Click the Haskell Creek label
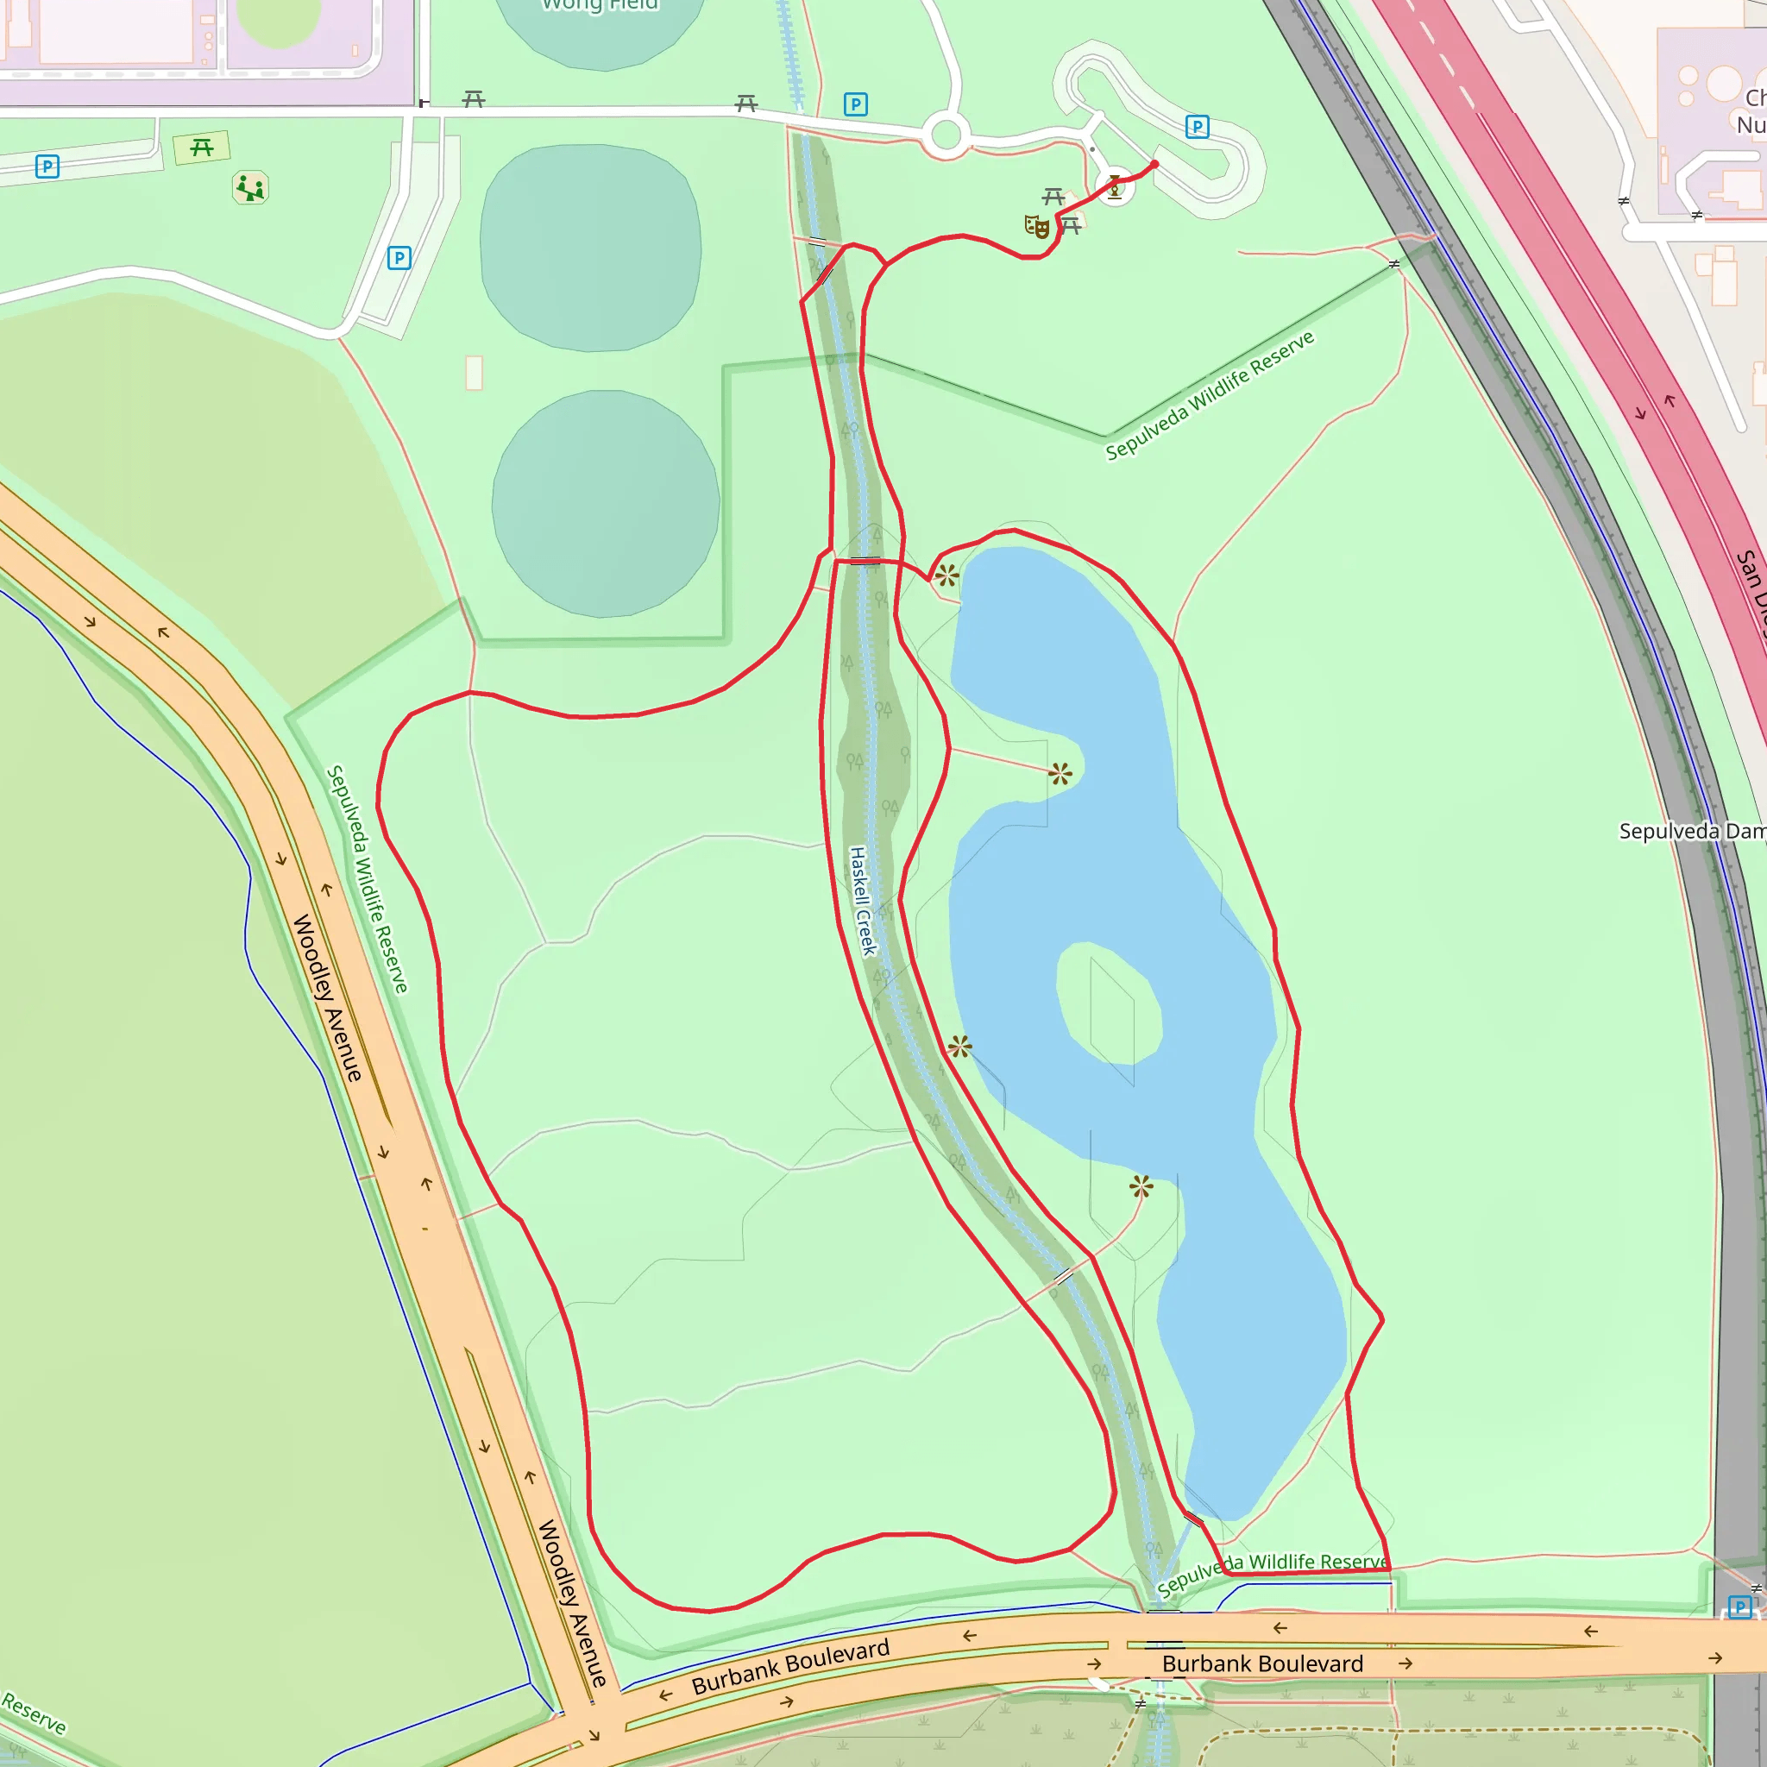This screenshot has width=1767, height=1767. click(863, 901)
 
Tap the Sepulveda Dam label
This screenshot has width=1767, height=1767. click(1691, 832)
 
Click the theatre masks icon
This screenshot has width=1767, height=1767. click(1036, 226)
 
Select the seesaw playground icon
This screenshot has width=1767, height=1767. click(249, 188)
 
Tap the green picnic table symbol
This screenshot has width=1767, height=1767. click(202, 148)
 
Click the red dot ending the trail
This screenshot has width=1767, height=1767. click(1154, 165)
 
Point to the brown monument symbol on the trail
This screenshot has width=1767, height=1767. click(1114, 187)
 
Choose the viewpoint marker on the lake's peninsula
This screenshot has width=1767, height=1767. click(1060, 775)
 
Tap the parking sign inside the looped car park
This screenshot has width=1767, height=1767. click(1197, 126)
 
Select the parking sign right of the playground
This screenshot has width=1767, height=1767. click(399, 258)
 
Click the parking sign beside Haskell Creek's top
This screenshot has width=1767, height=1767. click(855, 104)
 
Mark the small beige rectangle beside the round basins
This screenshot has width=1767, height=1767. click(474, 373)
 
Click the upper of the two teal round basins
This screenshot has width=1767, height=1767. click(591, 247)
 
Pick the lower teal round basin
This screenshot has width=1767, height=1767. click(606, 503)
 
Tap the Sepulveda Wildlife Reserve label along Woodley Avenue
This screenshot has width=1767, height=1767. click(368, 879)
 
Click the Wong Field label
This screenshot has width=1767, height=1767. click(599, 5)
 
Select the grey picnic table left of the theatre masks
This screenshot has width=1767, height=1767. click(1053, 197)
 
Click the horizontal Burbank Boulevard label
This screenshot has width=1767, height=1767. click(1262, 1663)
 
